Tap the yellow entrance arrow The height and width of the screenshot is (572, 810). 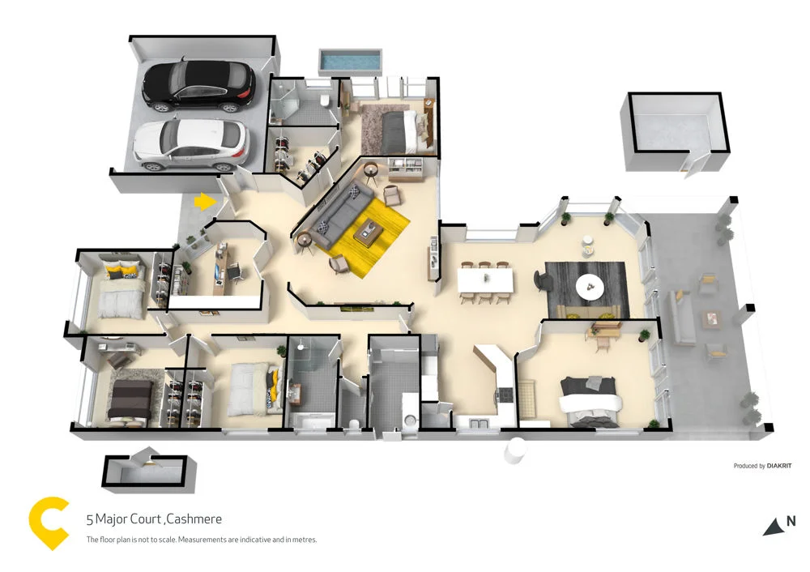point(207,201)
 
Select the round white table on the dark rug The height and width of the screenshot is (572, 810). point(589,284)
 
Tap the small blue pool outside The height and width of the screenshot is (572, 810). point(350,60)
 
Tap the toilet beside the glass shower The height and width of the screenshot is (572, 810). point(323,100)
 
